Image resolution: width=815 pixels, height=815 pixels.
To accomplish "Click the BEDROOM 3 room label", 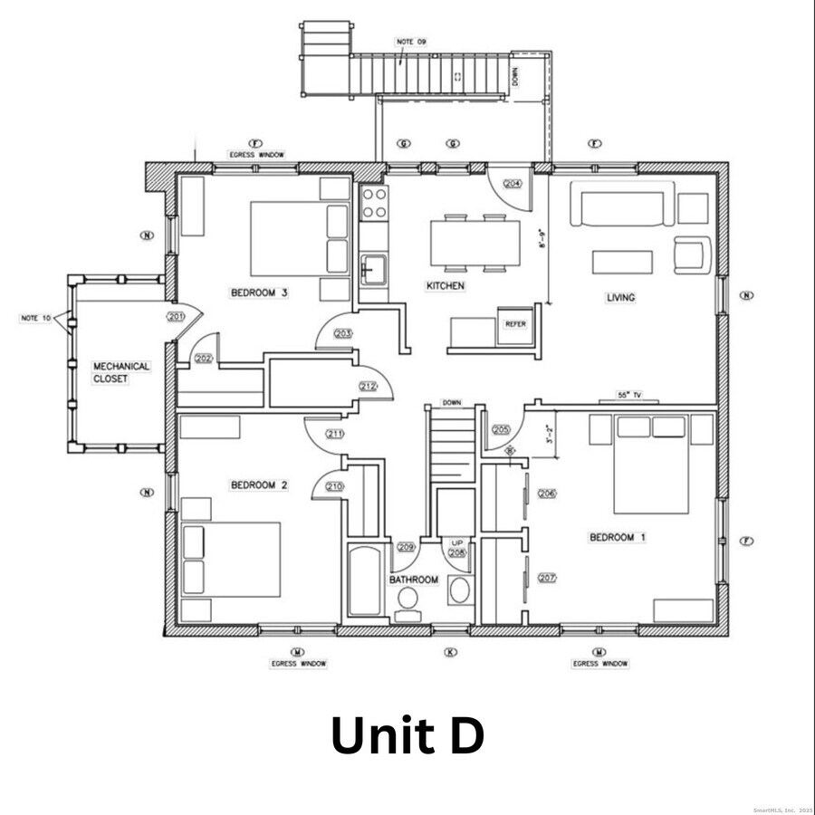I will coord(259,292).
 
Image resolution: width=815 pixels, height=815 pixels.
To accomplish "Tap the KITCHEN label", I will coord(446,286).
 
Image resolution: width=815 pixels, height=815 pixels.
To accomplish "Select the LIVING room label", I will coord(620,297).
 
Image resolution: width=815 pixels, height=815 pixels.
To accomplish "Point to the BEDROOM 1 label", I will coord(618,538).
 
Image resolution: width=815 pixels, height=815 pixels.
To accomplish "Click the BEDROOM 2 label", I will coord(259,485).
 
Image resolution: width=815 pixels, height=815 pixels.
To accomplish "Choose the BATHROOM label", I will coord(414,580).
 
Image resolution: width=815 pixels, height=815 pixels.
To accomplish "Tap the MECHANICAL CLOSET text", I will coord(121,372).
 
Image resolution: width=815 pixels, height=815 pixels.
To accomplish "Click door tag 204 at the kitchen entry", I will coord(513,183).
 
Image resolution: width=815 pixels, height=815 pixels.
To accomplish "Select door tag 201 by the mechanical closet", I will coord(176,316).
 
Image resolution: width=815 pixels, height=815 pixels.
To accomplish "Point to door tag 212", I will coord(368,387).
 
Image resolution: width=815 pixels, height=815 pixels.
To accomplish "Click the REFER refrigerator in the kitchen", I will coord(515,324).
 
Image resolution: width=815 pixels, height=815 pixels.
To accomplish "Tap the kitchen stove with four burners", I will coord(373,204).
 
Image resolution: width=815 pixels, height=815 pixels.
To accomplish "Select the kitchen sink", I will coord(373,269).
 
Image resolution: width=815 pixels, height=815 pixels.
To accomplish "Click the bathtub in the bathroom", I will coord(366,580).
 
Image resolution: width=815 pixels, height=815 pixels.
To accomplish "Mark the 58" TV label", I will coord(628,396).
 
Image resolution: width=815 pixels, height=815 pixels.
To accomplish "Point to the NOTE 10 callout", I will coord(35,318).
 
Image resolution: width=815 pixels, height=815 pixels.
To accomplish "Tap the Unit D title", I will coord(407,735).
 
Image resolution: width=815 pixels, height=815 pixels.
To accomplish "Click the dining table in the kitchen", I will coord(475,243).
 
